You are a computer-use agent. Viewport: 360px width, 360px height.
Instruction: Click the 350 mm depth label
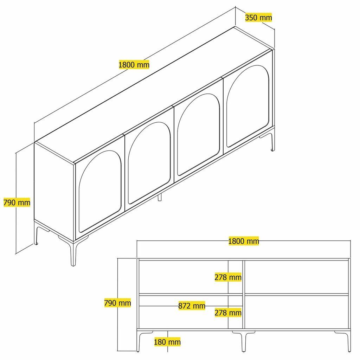258,17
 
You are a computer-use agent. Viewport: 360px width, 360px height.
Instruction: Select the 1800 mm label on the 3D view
134,65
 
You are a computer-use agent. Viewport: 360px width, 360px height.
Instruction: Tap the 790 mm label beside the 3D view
17,202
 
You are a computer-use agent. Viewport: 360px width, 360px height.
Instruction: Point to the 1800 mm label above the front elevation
244,241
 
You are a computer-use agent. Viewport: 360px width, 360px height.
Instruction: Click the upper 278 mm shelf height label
228,277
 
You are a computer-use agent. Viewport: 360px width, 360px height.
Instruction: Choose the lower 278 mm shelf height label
228,313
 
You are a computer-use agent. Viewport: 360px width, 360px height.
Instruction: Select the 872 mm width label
192,306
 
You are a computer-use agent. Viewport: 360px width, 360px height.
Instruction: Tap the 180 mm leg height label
167,341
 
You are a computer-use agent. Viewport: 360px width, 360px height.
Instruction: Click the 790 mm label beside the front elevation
117,303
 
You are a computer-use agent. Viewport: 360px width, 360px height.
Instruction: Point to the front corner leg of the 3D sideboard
73,253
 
